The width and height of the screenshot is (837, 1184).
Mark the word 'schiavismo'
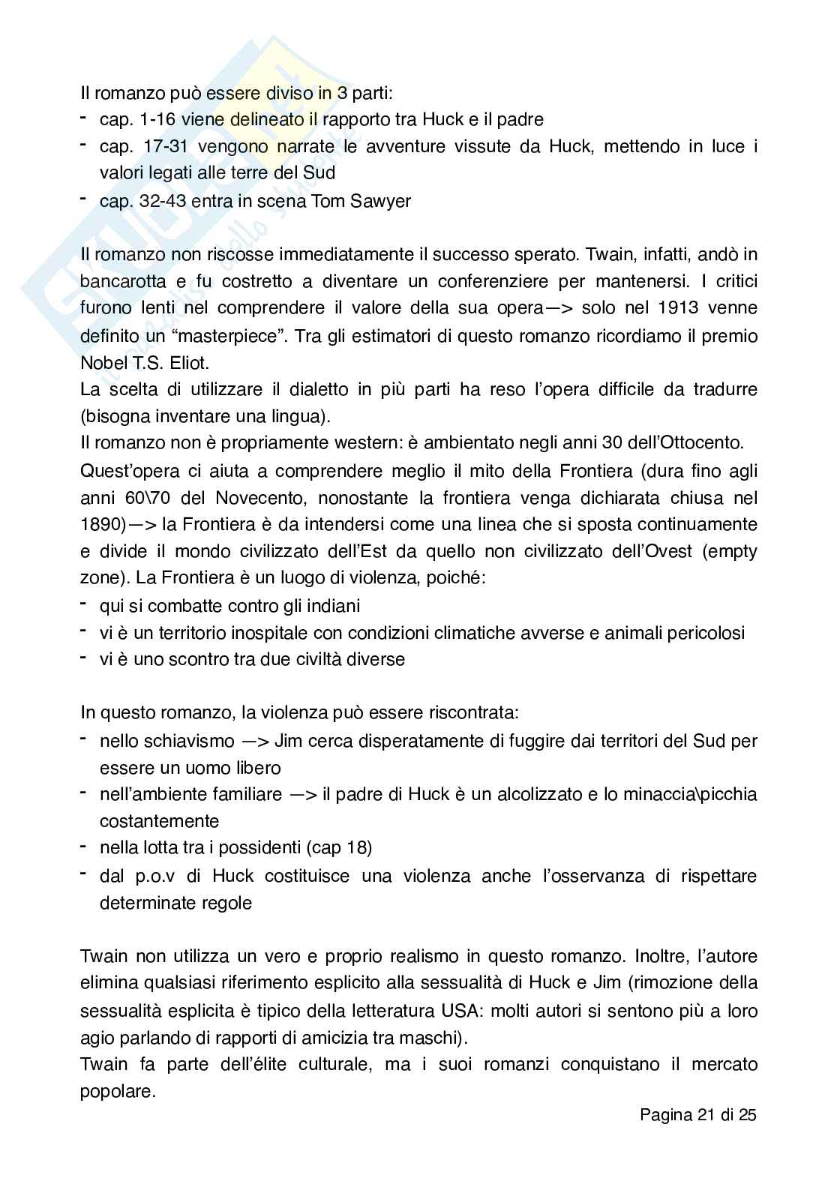coord(189,741)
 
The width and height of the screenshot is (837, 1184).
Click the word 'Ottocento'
coord(703,443)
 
